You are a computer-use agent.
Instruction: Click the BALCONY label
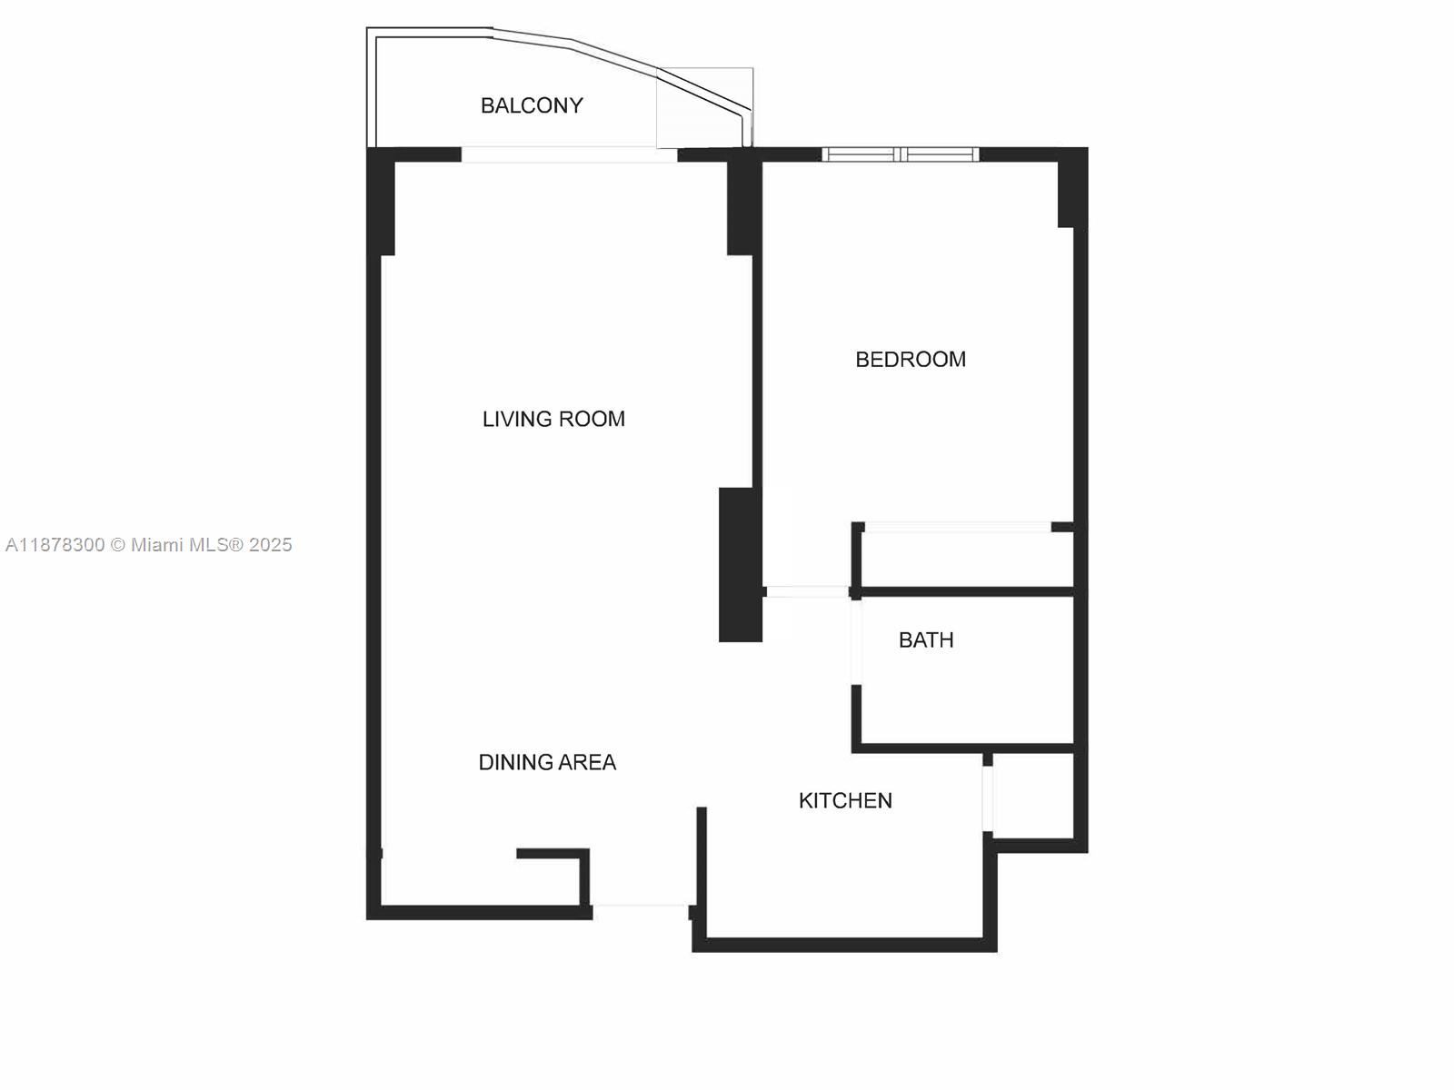[x=532, y=105]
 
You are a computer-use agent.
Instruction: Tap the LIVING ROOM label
[x=553, y=419]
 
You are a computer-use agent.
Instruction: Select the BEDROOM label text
[x=911, y=359]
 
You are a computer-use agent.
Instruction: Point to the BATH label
[x=926, y=639]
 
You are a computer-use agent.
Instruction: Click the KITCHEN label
[x=845, y=800]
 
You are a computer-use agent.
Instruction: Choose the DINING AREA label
[x=547, y=762]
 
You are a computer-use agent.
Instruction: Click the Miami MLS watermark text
[x=149, y=545]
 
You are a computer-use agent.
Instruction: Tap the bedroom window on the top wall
[x=901, y=154]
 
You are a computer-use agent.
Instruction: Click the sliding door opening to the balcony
[x=570, y=154]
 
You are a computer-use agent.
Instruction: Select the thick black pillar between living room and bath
[x=740, y=564]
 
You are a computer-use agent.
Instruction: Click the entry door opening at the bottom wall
[x=640, y=905]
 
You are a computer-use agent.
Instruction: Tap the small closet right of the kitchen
[x=1034, y=796]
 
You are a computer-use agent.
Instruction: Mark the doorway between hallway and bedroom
[x=807, y=592]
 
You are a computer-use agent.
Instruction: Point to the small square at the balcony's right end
[x=704, y=107]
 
